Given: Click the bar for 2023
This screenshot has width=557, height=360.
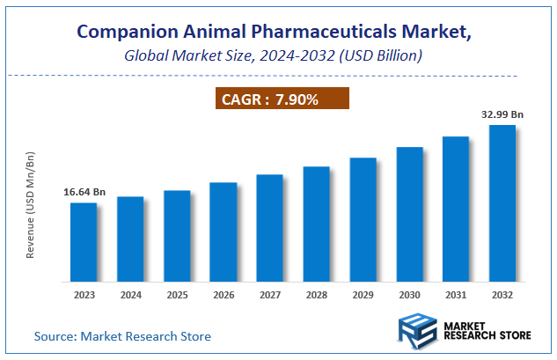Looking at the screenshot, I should pyautogui.click(x=84, y=242).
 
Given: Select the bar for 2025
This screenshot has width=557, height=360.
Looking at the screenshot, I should pyautogui.click(x=177, y=236).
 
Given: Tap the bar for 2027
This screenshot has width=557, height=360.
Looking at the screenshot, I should pyautogui.click(x=269, y=228).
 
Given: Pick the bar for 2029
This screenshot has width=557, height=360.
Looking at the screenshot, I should pyautogui.click(x=363, y=220).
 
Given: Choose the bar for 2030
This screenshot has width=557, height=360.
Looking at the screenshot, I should pyautogui.click(x=409, y=214).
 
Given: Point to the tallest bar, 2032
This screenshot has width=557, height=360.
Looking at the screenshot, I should pyautogui.click(x=502, y=203).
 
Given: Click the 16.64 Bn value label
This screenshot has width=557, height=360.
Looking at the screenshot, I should pyautogui.click(x=84, y=191).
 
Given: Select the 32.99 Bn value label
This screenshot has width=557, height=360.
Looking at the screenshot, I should pyautogui.click(x=502, y=114).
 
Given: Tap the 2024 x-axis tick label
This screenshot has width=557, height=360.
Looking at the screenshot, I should pyautogui.click(x=130, y=295).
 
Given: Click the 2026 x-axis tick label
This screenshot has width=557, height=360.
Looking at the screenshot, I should pyautogui.click(x=224, y=295).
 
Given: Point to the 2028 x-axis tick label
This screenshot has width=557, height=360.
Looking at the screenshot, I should pyautogui.click(x=316, y=295).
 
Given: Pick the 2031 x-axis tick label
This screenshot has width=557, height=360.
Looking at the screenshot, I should pyautogui.click(x=455, y=295).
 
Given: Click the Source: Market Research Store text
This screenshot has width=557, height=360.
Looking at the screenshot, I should pyautogui.click(x=122, y=336).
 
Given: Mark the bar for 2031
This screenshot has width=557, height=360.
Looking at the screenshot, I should pyautogui.click(x=455, y=209).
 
